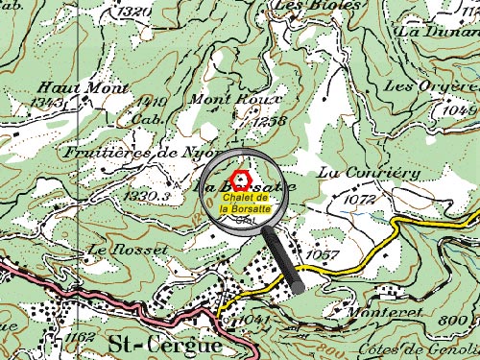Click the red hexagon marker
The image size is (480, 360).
(245, 179)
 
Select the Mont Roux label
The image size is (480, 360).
(236, 100)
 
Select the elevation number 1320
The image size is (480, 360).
(138, 12)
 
